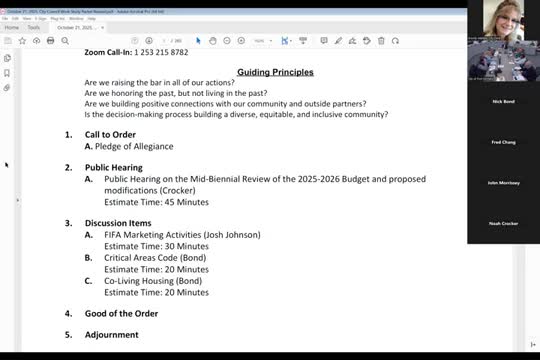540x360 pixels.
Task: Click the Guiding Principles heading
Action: (275, 72)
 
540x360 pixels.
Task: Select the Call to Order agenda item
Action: (110, 134)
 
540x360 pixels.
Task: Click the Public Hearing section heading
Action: (113, 167)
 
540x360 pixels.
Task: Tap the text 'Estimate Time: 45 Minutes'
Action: (156, 201)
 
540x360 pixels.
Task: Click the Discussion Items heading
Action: (118, 222)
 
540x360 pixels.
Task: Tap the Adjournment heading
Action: (112, 334)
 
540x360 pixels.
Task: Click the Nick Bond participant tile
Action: (503, 102)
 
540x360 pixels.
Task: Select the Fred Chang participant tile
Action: (503, 143)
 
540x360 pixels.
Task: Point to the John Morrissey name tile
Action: (503, 183)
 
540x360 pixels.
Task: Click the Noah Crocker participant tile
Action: (503, 223)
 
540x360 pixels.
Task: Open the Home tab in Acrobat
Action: (11, 27)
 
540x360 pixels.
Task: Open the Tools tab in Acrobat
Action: (34, 27)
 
